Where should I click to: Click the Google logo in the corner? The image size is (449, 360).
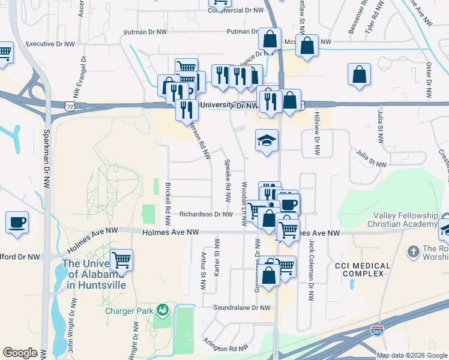pos(20,353)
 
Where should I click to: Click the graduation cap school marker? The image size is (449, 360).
pos(267,141)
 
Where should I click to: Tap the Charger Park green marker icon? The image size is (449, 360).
pos(161,310)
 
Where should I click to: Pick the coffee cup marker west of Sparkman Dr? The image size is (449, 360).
pos(17,223)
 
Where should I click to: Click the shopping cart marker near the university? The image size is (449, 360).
pos(122,260)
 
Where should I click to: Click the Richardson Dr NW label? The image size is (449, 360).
pos(206,214)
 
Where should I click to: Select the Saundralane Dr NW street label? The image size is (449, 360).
pos(243,308)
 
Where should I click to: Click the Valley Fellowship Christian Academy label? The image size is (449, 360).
pos(407,220)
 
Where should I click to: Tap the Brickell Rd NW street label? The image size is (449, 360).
pos(168,196)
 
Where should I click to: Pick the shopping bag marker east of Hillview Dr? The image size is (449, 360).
pos(359,75)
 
